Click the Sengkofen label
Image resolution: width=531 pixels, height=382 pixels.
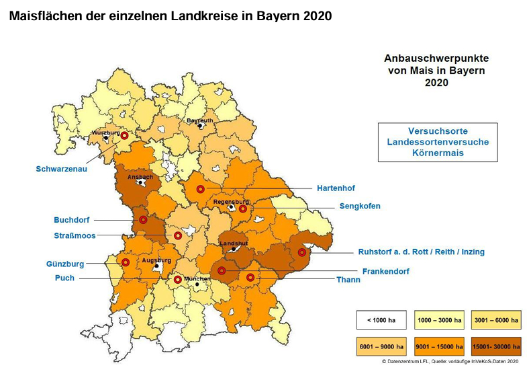click(x=360, y=206)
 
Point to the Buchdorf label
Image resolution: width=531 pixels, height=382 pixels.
click(x=72, y=220)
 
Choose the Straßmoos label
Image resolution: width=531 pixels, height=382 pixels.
click(x=75, y=235)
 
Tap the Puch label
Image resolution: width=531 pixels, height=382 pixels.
click(x=65, y=278)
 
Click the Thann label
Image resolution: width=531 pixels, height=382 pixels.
click(x=348, y=280)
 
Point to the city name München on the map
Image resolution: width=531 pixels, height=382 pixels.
click(x=197, y=278)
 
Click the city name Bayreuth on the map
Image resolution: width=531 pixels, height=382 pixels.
click(x=199, y=120)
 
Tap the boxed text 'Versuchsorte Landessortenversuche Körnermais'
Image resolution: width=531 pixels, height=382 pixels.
click(x=438, y=142)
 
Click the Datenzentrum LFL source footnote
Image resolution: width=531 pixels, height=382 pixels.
click(x=450, y=362)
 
